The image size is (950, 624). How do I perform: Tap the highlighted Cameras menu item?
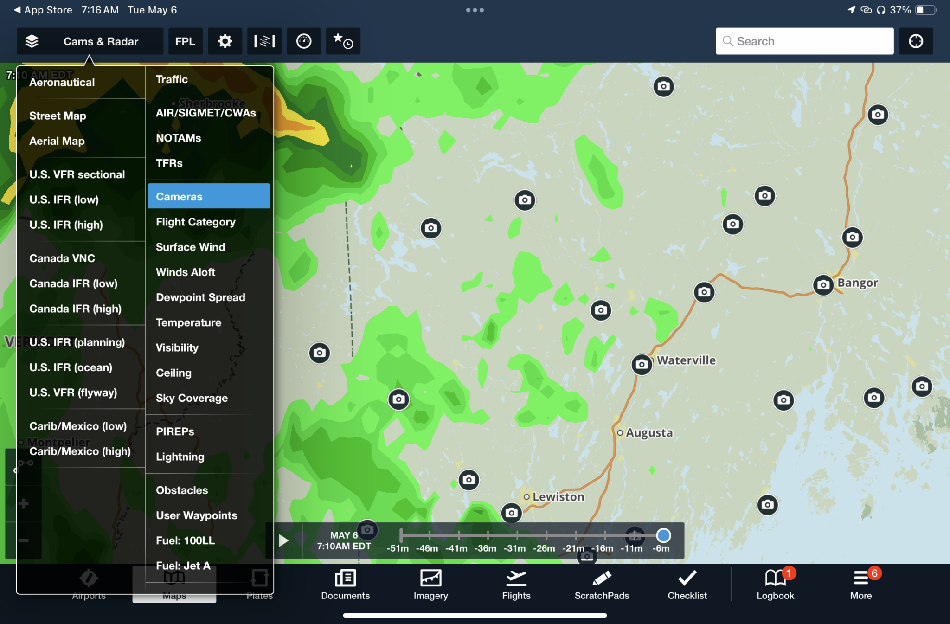(208, 196)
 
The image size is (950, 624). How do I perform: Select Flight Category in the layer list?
(195, 222)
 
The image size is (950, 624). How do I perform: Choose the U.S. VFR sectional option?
(77, 174)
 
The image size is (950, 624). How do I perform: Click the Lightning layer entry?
(180, 457)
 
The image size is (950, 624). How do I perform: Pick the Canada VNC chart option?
(62, 258)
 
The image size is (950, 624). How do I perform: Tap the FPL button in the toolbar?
(185, 41)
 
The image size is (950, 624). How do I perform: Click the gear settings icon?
(225, 41)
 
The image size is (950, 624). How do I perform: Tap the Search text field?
(805, 41)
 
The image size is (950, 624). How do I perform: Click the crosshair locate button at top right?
(916, 41)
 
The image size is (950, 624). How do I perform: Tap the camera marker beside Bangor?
(823, 284)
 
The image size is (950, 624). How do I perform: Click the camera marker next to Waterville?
(642, 364)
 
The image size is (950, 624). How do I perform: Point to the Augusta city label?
(649, 433)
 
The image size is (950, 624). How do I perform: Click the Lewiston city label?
(558, 497)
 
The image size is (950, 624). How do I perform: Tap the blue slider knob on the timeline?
(663, 535)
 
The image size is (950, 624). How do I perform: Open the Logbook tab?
(775, 585)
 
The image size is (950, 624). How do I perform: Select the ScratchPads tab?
(602, 585)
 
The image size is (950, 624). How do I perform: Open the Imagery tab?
(430, 585)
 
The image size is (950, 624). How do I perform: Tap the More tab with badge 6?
(861, 585)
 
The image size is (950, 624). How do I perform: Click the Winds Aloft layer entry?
(186, 272)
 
